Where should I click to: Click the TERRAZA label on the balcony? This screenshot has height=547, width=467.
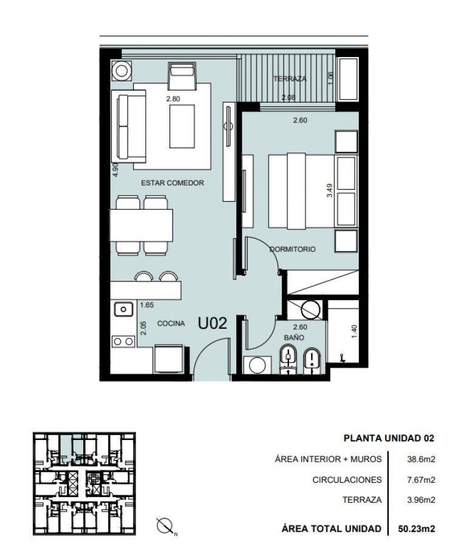tap(290, 79)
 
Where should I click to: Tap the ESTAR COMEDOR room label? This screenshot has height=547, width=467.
tap(172, 183)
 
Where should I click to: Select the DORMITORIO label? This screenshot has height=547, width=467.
tap(293, 249)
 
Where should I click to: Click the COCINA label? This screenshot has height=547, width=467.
tap(171, 323)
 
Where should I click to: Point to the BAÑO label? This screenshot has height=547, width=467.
tap(294, 338)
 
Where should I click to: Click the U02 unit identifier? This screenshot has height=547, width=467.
tap(213, 323)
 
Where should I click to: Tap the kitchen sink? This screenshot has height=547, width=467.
tap(123, 309)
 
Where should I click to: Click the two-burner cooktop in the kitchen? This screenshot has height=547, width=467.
tap(123, 342)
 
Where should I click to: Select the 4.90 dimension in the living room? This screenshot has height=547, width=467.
tap(116, 170)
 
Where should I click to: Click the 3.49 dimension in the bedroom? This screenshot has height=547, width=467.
tap(329, 190)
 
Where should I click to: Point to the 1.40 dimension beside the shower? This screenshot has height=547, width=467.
tap(354, 331)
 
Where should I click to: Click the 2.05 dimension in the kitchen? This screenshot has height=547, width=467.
tap(143, 328)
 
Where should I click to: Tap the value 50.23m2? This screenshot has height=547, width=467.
tap(417, 529)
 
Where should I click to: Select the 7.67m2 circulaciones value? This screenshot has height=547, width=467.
tap(421, 480)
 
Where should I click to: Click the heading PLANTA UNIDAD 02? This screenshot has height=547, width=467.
tap(389, 438)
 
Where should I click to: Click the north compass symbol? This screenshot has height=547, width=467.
tap(165, 526)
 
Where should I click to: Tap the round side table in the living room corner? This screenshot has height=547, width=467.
tap(121, 71)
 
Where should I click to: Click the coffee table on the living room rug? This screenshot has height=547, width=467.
tap(182, 126)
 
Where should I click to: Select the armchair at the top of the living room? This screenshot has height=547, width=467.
tap(181, 75)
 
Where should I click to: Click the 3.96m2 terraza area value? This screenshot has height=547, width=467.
tap(421, 500)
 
